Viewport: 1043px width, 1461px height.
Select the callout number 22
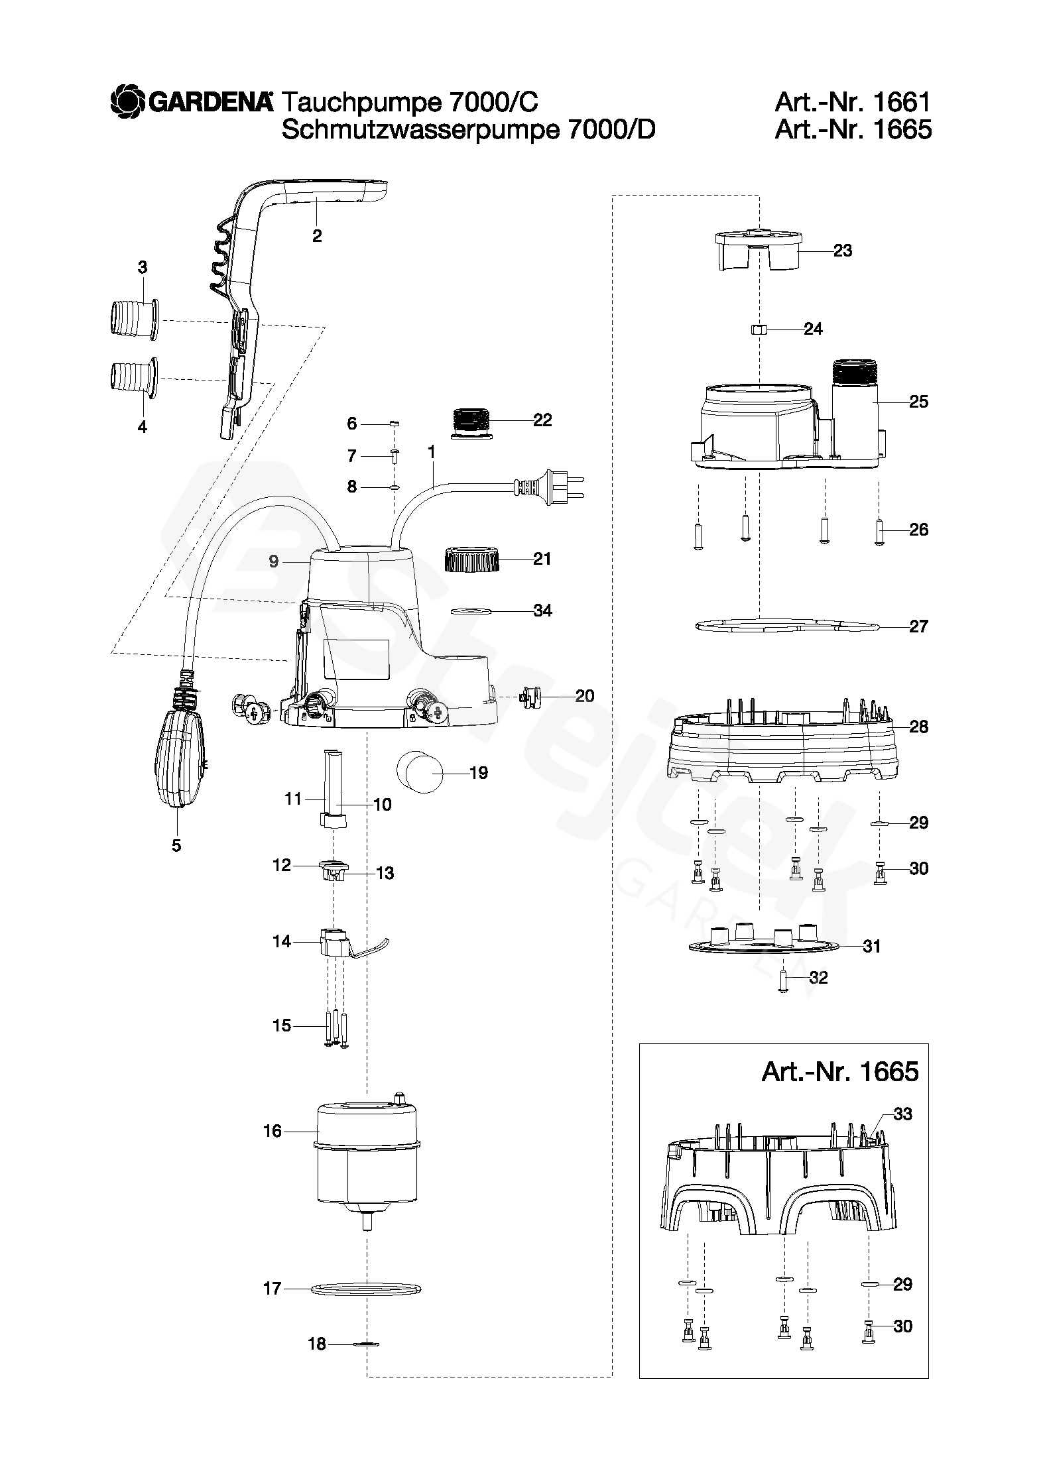[x=542, y=420]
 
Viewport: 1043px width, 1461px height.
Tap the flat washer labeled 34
[x=471, y=610]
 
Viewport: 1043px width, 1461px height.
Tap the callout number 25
[x=918, y=402]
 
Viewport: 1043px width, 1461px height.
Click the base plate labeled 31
[x=763, y=945]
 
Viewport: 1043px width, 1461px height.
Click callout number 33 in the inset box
[x=902, y=1114]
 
